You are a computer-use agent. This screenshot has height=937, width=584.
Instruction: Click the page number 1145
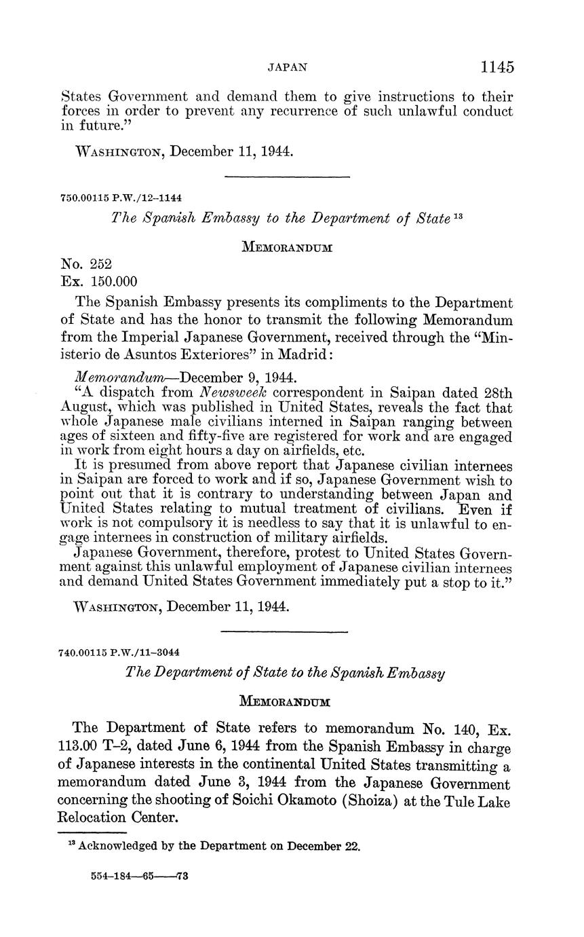tap(497, 67)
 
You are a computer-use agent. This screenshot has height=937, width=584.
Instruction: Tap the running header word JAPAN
tap(288, 67)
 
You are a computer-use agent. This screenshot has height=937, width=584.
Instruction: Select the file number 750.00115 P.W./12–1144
tap(121, 198)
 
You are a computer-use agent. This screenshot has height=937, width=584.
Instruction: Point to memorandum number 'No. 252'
tap(86, 263)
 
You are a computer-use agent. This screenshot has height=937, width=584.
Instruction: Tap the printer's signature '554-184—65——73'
tap(139, 876)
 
